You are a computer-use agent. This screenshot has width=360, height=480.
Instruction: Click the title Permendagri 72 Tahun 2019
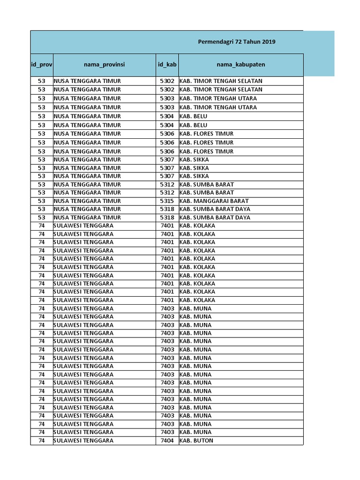[237, 42]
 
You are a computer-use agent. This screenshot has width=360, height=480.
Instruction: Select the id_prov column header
[42, 65]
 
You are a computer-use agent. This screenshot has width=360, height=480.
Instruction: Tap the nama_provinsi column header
[104, 65]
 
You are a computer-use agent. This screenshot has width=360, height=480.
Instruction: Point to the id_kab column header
[167, 65]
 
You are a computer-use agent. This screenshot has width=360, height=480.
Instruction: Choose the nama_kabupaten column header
[241, 65]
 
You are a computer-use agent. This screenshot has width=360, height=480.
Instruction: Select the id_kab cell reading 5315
[167, 201]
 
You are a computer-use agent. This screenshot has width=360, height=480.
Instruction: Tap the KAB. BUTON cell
[196, 441]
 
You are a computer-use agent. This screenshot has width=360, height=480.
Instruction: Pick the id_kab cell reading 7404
[167, 441]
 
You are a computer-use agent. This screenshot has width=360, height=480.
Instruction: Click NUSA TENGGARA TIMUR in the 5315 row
[87, 201]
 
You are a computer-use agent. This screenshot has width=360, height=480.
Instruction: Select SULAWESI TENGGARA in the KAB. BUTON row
[83, 441]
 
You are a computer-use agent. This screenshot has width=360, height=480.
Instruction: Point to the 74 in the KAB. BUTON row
[42, 441]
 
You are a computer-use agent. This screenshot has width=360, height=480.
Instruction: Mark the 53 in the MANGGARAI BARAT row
[42, 201]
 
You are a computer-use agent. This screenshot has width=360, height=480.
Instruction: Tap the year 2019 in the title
[269, 42]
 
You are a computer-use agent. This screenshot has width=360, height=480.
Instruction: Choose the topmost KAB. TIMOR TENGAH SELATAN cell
[221, 81]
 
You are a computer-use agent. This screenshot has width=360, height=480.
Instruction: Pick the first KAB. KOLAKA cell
[197, 225]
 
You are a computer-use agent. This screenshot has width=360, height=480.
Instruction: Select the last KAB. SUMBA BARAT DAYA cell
[215, 217]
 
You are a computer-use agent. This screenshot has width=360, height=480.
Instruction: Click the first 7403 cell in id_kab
[167, 308]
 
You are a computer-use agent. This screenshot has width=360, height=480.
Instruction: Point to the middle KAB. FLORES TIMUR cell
[206, 142]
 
